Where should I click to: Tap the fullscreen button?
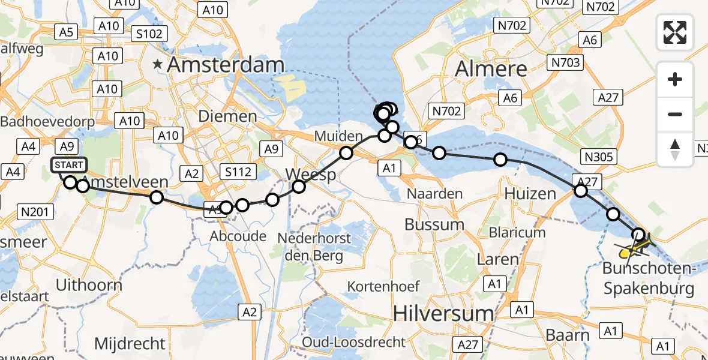click(675, 32)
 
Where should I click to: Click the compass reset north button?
click(675, 149)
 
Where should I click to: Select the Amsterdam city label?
click(226, 65)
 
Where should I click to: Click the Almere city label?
click(491, 69)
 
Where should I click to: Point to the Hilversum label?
click(443, 313)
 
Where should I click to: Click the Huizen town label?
click(530, 194)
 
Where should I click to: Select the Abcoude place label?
click(238, 236)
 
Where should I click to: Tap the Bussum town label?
click(434, 225)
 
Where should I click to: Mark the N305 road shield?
click(598, 157)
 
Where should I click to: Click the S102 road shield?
click(149, 34)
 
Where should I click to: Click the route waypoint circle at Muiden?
click(346, 154)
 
